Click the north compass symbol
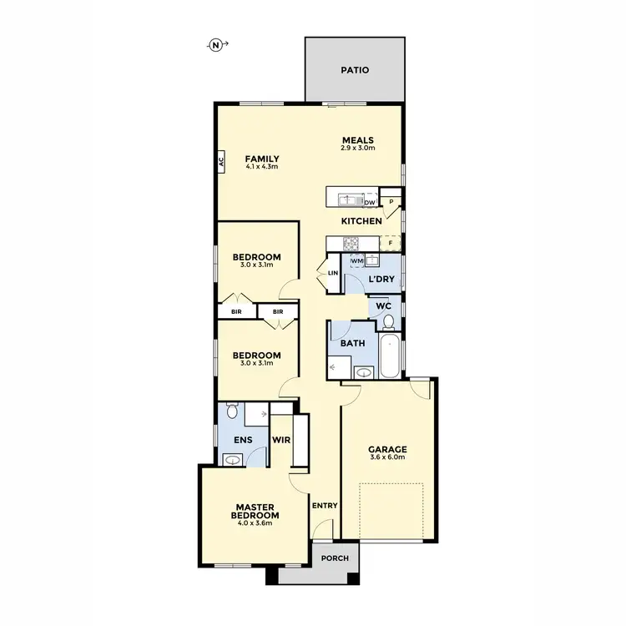(215, 46)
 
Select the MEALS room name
(356, 139)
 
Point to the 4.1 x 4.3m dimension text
(261, 167)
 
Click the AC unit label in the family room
(221, 162)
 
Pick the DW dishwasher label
(369, 201)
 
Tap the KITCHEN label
(361, 221)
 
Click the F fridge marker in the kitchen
(390, 243)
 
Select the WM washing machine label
(356, 260)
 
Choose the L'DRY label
(381, 279)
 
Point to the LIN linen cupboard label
(332, 273)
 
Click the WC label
(383, 306)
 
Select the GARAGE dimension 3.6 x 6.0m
(387, 457)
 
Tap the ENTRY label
(324, 506)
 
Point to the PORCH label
(336, 558)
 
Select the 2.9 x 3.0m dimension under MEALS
(357, 148)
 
